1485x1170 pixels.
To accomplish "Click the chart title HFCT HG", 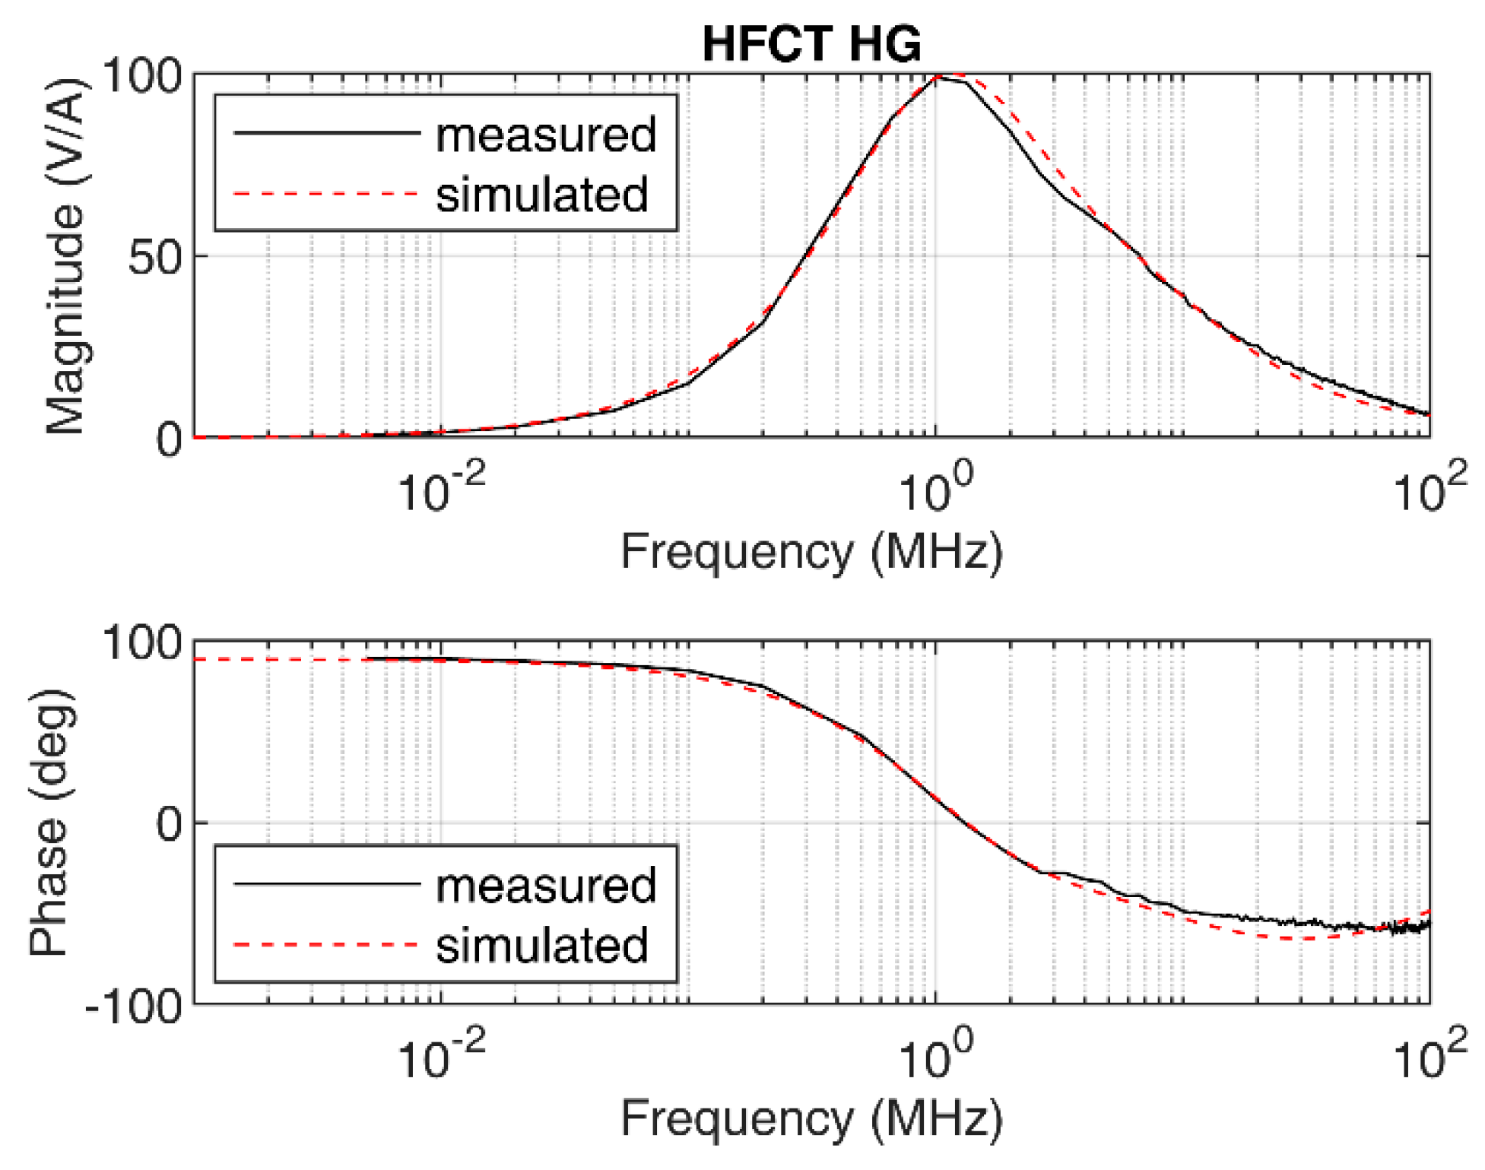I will [811, 44].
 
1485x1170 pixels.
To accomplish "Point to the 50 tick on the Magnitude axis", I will [156, 257].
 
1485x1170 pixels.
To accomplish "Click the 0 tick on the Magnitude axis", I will [169, 439].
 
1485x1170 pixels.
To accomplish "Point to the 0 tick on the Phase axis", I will [169, 824].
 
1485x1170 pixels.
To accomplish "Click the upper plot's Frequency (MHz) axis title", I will [811, 551].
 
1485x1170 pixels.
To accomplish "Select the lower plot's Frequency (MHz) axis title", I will [811, 1118].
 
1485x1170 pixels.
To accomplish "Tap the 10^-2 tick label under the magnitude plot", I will [441, 489].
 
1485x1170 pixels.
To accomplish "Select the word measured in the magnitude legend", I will [545, 135].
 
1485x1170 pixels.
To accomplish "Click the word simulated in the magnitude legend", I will [541, 195].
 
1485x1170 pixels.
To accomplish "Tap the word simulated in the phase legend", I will [541, 945].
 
